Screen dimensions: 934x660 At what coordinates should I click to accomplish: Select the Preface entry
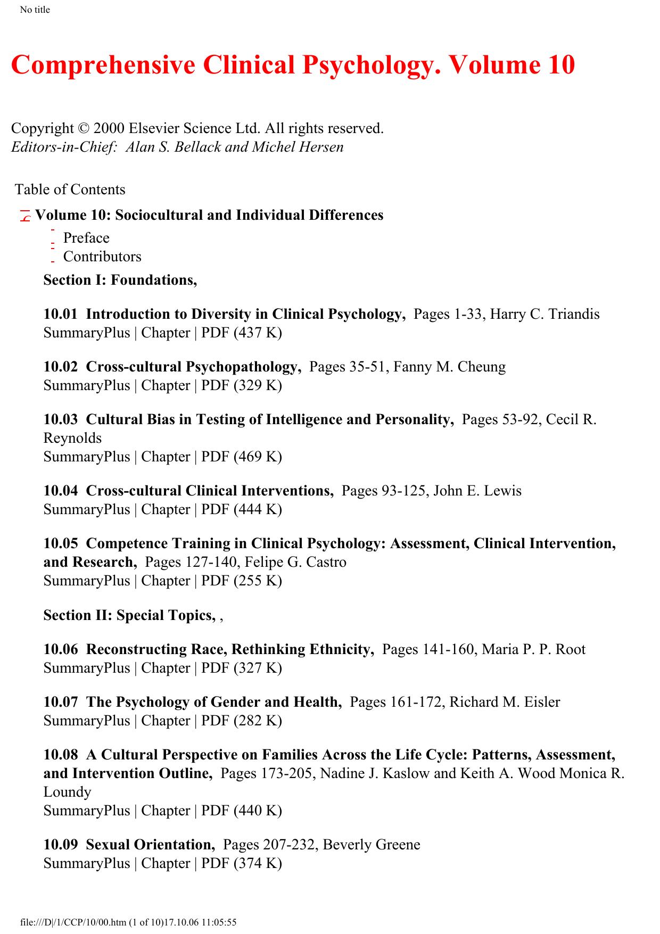[x=86, y=238]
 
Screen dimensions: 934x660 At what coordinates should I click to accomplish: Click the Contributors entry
[x=102, y=257]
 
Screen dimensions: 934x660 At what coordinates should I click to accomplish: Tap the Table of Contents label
[x=70, y=189]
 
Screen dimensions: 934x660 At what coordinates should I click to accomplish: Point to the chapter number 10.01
[x=61, y=314]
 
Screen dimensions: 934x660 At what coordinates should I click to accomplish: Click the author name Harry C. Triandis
[x=544, y=314]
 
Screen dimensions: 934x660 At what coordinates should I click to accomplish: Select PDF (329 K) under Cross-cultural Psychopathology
[x=242, y=385]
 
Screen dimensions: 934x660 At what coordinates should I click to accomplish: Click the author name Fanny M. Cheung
[x=450, y=367]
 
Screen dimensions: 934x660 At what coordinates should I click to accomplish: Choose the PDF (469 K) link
[x=242, y=457]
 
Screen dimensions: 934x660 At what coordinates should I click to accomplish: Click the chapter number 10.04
[x=61, y=491]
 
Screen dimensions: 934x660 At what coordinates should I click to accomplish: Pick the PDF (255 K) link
[x=242, y=581]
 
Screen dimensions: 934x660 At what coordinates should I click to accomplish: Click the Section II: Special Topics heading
[x=130, y=615]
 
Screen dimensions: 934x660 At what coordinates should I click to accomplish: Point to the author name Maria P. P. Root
[x=533, y=649]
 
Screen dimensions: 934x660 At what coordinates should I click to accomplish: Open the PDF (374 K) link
[x=242, y=863]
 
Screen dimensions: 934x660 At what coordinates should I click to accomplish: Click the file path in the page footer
[x=128, y=922]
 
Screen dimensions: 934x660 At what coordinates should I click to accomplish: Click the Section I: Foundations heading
[x=120, y=280]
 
